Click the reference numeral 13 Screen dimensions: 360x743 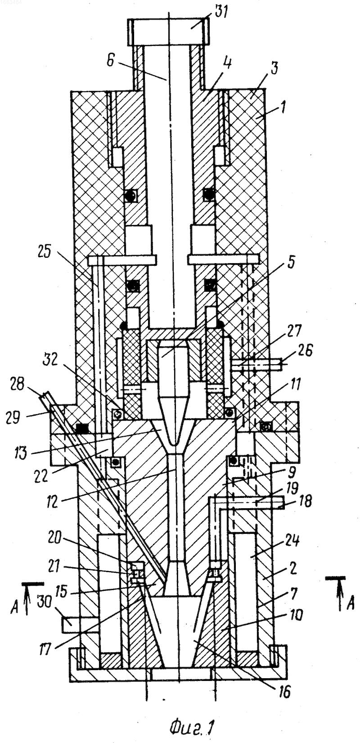click(x=20, y=453)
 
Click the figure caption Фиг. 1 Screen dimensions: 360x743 click(x=191, y=729)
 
